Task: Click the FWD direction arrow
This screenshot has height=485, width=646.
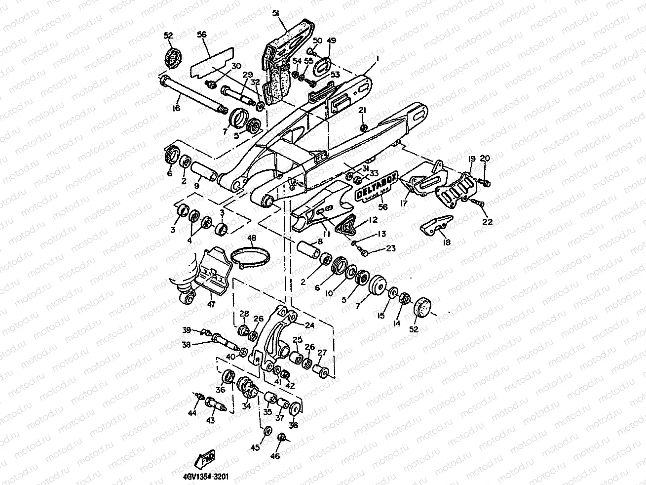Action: click(203, 460)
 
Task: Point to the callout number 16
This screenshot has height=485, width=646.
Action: click(177, 108)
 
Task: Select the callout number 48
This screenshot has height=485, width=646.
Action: click(252, 238)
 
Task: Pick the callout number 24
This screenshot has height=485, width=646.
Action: click(309, 325)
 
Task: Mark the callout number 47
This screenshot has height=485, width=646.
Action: click(211, 305)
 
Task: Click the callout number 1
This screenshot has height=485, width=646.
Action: click(378, 58)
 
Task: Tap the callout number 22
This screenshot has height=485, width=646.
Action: click(488, 222)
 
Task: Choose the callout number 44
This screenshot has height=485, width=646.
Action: click(192, 412)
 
